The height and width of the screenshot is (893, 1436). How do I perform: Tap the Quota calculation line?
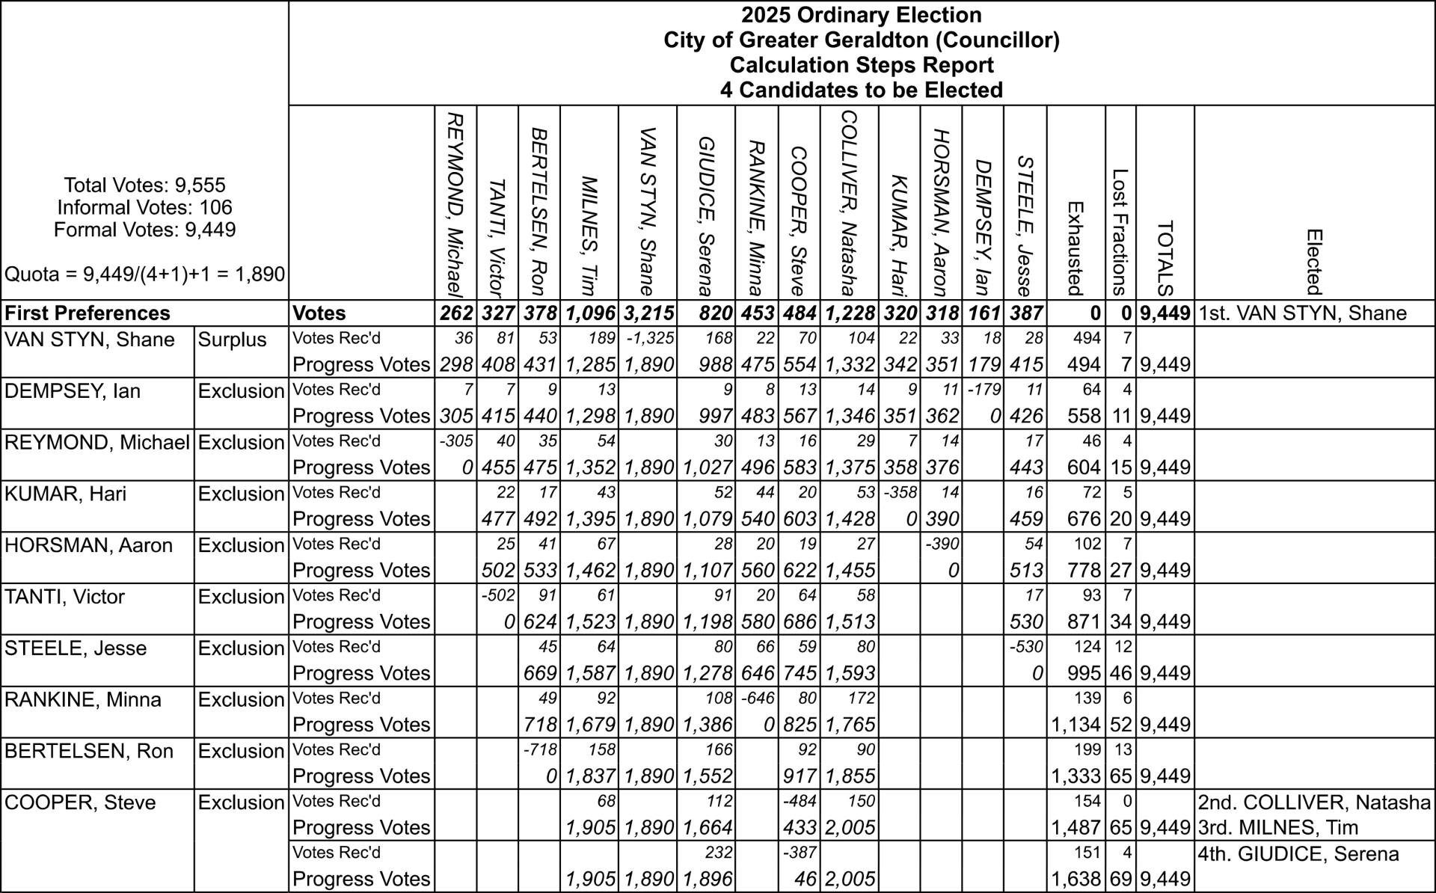point(144,274)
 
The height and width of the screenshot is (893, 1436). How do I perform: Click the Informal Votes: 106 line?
point(144,207)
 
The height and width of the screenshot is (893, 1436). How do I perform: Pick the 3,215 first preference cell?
point(648,313)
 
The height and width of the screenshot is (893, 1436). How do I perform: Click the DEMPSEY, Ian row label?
point(73,391)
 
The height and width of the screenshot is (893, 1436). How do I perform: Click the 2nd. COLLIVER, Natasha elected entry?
point(1313,803)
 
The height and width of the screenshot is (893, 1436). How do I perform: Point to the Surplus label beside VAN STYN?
point(232,340)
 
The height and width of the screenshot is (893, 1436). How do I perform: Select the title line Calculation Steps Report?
point(861,65)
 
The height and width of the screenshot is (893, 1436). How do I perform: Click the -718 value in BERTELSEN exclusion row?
point(541,750)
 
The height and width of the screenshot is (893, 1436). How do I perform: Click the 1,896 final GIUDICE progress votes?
point(707,879)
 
